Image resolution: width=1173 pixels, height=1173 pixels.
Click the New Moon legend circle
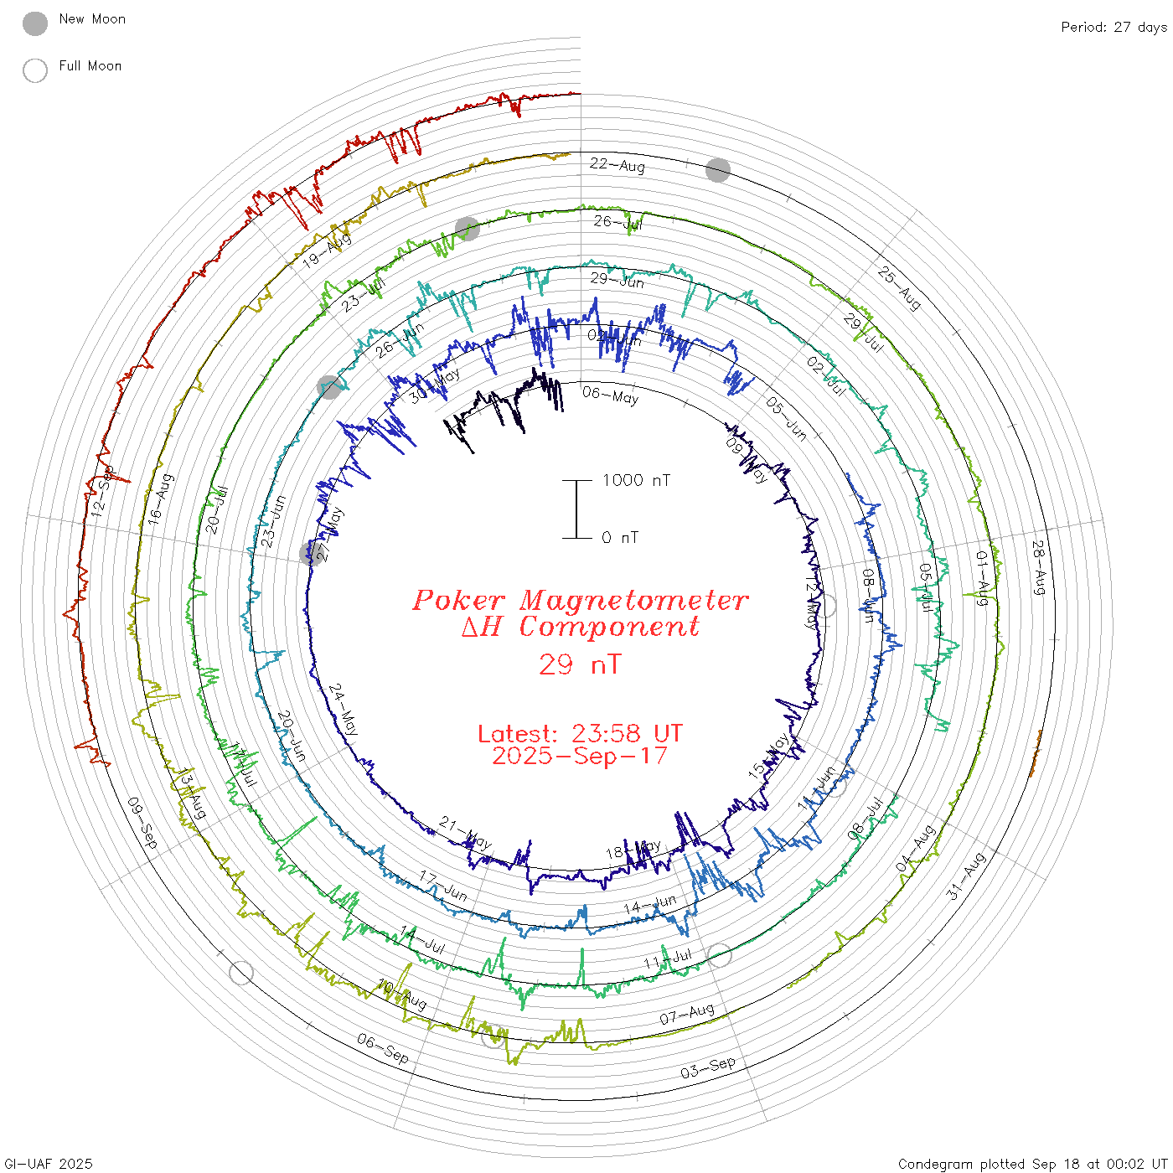click(35, 24)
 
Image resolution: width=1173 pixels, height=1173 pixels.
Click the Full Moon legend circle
click(35, 70)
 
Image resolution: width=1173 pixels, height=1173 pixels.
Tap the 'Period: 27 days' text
click(1114, 28)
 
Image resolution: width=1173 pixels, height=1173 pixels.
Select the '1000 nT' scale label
click(636, 480)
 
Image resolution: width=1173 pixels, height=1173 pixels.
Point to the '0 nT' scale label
click(619, 538)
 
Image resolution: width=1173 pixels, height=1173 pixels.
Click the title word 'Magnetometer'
click(633, 600)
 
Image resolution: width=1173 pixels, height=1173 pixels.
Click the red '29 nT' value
click(580, 664)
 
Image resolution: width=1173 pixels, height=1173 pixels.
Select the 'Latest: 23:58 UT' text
click(580, 734)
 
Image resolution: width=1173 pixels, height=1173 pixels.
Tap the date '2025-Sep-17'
click(580, 756)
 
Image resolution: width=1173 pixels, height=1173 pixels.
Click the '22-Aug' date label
click(618, 165)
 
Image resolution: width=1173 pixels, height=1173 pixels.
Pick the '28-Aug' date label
click(1039, 567)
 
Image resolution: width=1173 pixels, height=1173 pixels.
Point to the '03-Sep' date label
click(708, 1067)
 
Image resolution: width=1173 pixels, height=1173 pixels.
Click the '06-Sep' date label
click(383, 1048)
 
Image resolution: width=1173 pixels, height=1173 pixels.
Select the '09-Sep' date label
click(142, 822)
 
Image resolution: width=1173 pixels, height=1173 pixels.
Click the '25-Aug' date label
click(900, 287)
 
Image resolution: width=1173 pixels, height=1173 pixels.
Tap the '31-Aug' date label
click(966, 876)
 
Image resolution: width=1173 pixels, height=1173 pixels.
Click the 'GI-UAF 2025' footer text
click(48, 1164)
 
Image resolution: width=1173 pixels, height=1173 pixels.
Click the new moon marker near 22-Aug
click(718, 170)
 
